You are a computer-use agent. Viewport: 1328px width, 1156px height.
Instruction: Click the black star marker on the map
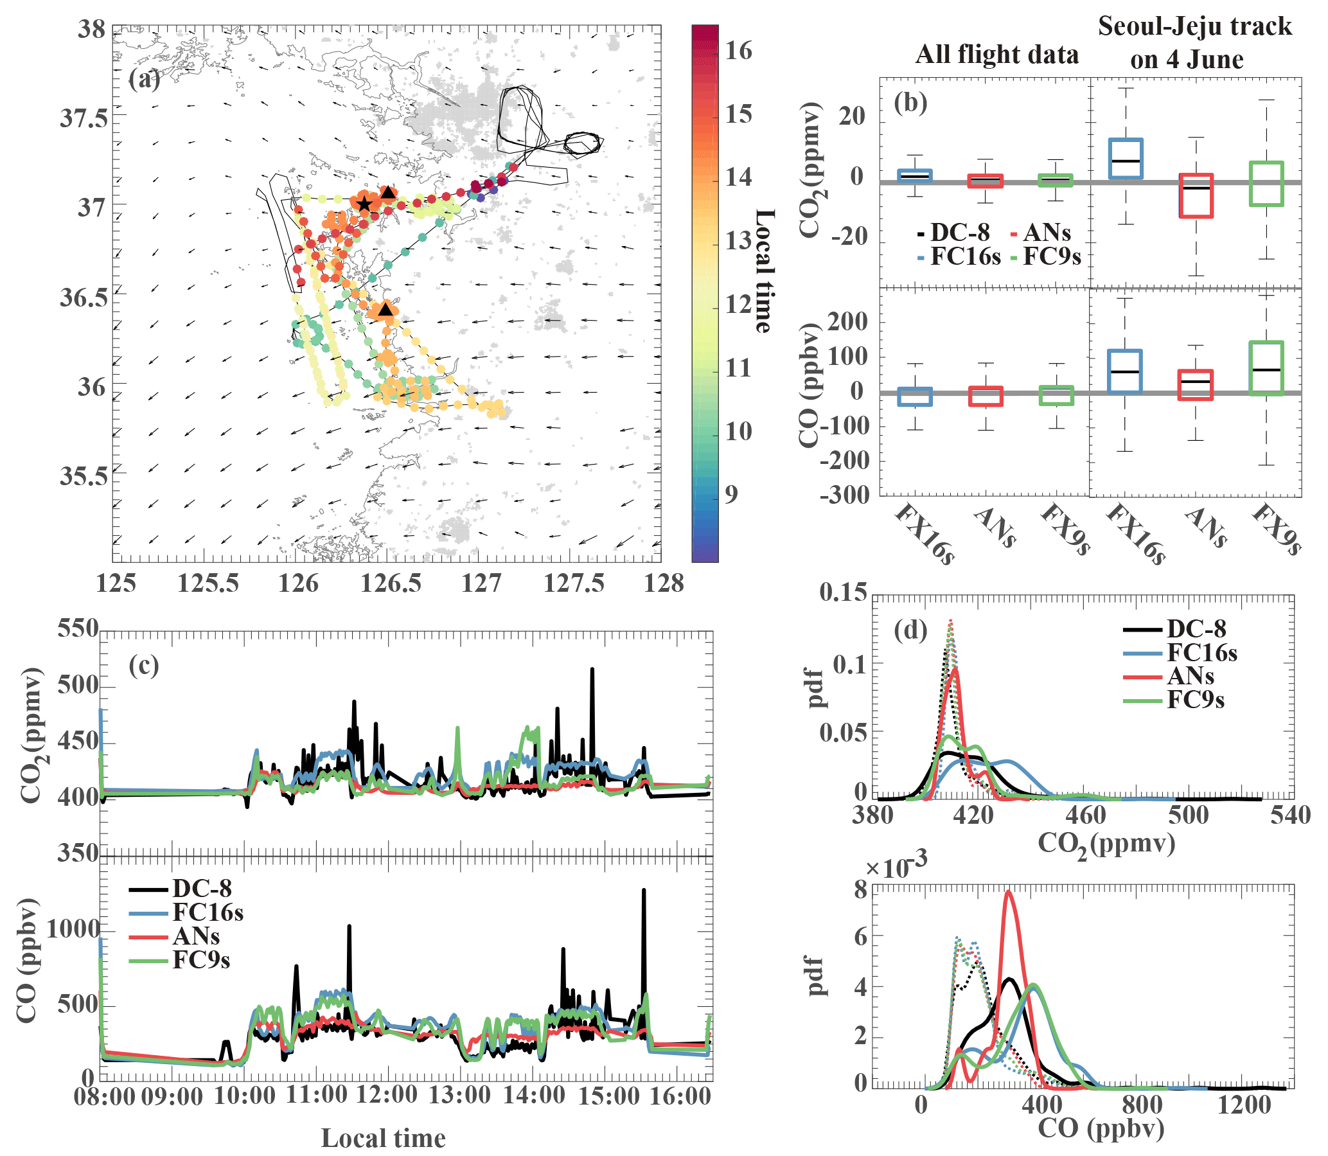click(364, 204)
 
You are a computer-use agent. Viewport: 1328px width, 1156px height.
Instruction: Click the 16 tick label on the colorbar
click(738, 50)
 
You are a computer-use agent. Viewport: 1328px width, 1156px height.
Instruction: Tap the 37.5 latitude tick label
click(84, 119)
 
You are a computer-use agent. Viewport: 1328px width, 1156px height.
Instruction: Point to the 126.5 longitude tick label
click(390, 584)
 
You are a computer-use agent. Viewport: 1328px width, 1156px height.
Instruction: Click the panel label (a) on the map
click(144, 80)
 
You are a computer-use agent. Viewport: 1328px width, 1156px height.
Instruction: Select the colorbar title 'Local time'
click(765, 271)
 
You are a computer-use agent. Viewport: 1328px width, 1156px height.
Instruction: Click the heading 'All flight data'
click(996, 55)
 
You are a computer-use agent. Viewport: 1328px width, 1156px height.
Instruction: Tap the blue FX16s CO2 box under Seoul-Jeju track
click(1126, 159)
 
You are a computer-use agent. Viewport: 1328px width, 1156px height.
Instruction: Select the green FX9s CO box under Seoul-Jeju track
click(1266, 368)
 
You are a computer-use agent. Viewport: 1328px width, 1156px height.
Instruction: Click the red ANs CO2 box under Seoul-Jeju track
click(1196, 195)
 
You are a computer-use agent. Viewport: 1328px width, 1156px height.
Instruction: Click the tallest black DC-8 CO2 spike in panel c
click(592, 671)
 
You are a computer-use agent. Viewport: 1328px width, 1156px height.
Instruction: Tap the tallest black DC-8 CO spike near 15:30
click(643, 891)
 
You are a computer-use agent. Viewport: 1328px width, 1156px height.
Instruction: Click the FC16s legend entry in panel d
click(1201, 653)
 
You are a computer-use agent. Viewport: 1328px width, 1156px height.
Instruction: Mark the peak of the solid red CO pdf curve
click(1008, 893)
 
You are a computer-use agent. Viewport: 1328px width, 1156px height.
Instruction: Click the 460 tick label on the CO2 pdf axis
click(1086, 815)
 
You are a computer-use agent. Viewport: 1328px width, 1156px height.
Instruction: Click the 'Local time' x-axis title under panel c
click(383, 1139)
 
